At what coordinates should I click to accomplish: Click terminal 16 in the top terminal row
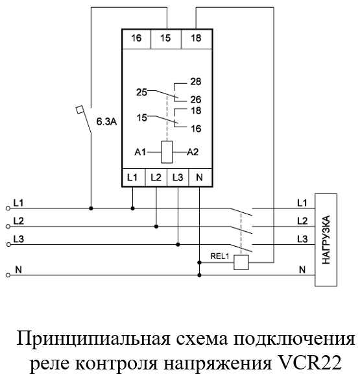[136, 39]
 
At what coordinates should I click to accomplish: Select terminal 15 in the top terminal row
[166, 39]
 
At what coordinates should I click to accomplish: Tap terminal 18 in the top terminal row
[197, 39]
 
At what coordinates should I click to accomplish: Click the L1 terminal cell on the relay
[134, 177]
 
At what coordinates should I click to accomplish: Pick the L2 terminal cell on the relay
[156, 177]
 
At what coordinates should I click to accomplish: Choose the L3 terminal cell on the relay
[178, 177]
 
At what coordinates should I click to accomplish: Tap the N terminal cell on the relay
[200, 177]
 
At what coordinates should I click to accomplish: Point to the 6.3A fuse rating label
[106, 121]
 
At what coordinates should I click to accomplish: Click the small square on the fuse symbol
[79, 110]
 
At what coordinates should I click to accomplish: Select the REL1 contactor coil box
[241, 262]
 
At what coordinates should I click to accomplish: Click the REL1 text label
[219, 256]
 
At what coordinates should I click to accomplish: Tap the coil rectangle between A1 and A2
[167, 152]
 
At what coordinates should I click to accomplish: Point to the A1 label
[140, 152]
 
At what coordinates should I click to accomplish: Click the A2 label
[193, 152]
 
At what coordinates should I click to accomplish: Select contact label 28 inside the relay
[196, 82]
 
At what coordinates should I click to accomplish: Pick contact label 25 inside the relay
[141, 92]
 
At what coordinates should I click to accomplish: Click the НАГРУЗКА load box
[326, 240]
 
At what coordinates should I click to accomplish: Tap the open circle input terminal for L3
[8, 245]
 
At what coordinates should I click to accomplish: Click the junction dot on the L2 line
[156, 227]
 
